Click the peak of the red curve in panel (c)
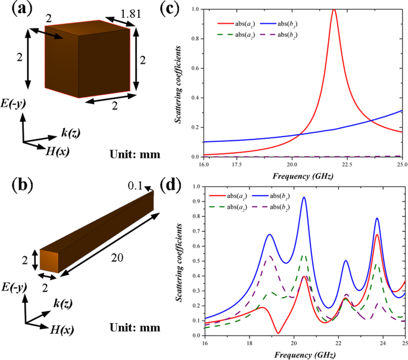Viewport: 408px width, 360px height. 334,10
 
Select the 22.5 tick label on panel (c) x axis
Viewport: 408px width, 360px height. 347,165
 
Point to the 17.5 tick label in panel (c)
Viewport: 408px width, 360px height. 236,165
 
